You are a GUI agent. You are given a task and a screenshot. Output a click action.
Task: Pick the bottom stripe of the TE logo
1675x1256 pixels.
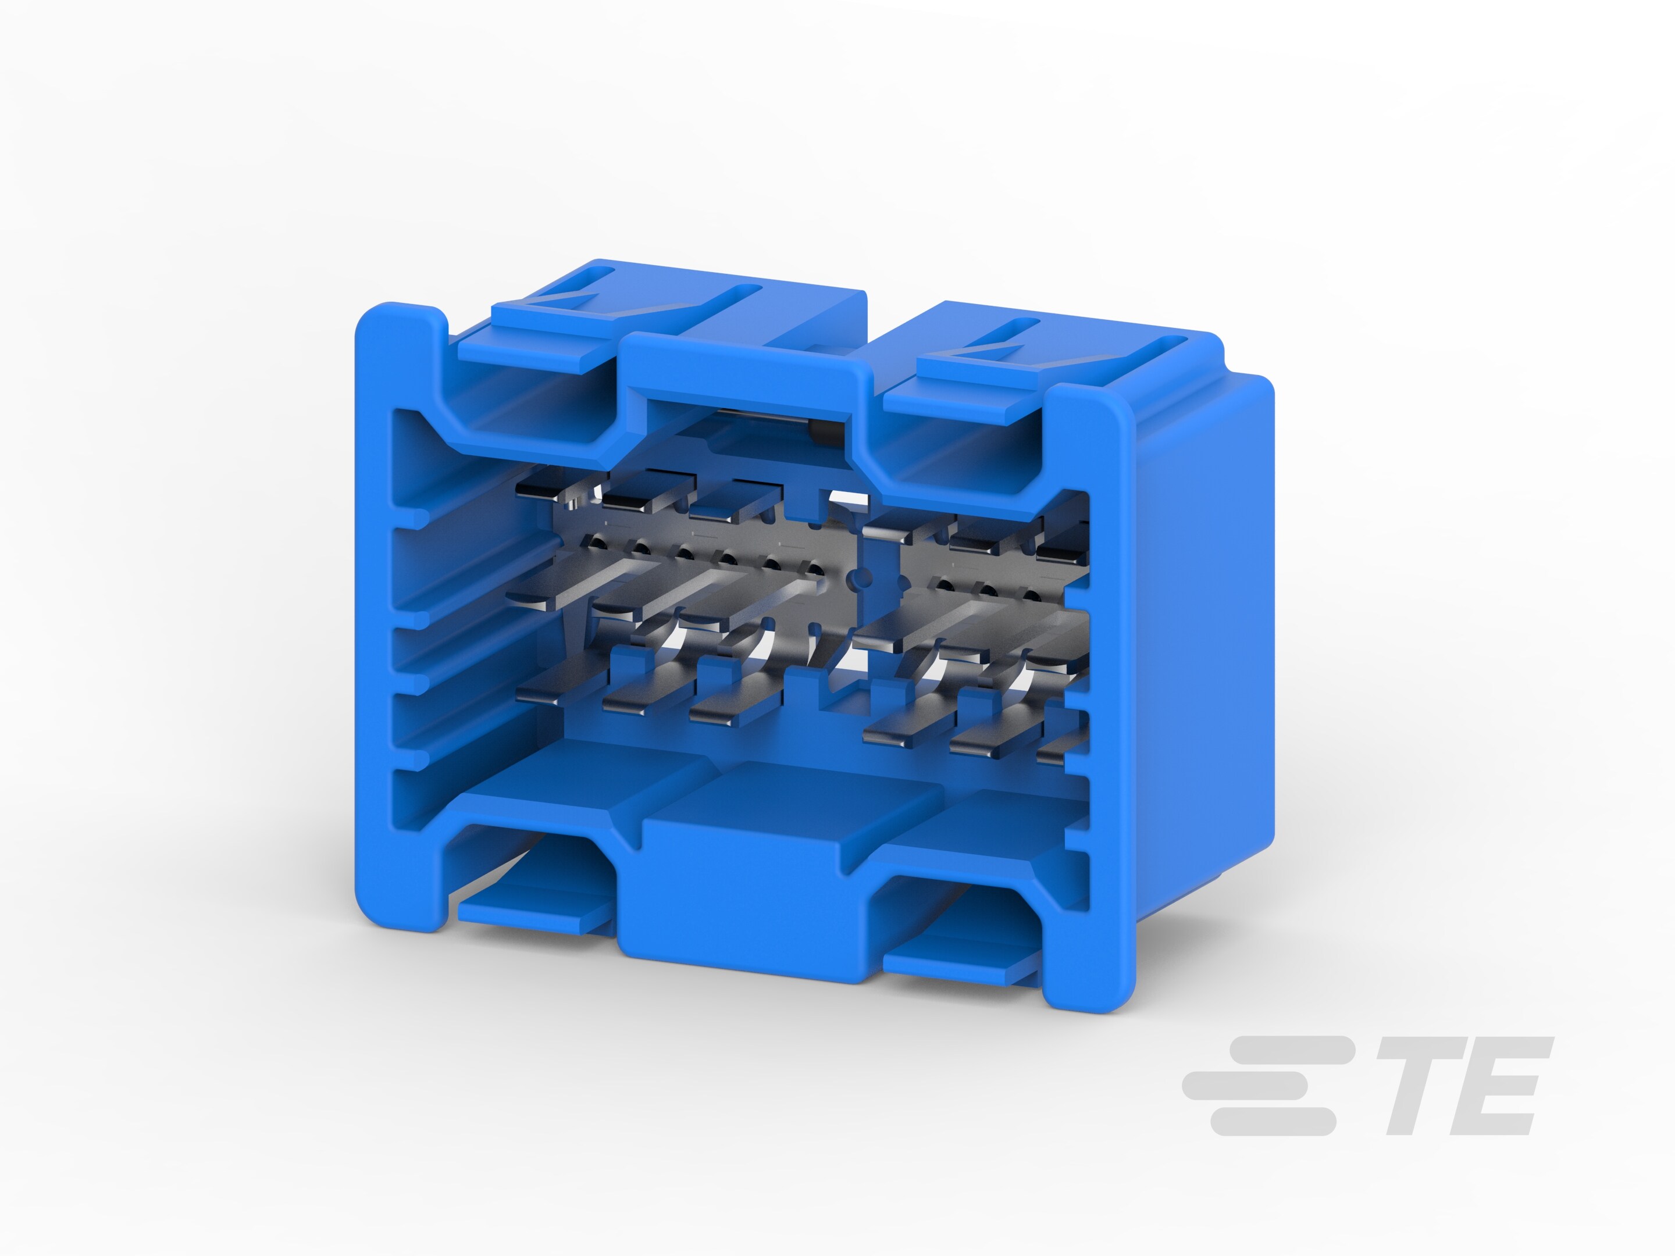click(1272, 1121)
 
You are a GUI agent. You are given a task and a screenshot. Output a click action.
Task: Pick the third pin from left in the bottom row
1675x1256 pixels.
click(719, 708)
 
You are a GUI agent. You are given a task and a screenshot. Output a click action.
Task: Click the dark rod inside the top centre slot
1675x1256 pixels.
click(765, 416)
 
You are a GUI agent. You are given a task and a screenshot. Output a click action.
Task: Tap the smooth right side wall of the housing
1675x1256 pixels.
click(1204, 644)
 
